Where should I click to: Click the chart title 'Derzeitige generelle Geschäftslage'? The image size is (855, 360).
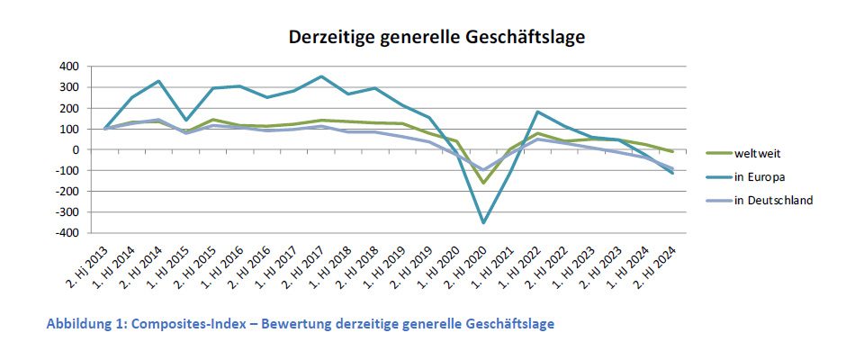click(x=436, y=38)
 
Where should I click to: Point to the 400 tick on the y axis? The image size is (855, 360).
click(x=68, y=67)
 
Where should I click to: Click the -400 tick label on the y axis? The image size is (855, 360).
click(x=67, y=233)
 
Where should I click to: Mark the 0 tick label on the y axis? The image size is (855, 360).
click(x=75, y=149)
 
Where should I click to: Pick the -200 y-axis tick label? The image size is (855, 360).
click(x=67, y=192)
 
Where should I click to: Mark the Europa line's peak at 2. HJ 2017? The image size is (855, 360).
click(x=321, y=76)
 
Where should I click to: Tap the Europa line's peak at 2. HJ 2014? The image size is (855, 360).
click(x=158, y=81)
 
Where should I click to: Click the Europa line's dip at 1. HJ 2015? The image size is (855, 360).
click(x=186, y=120)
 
